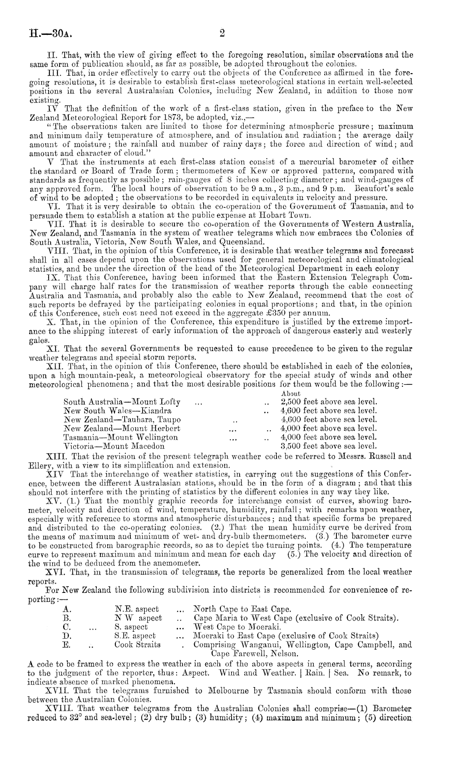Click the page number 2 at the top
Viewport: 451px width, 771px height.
tap(222, 32)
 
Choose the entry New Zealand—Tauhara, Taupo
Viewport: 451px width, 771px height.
tap(122, 420)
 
